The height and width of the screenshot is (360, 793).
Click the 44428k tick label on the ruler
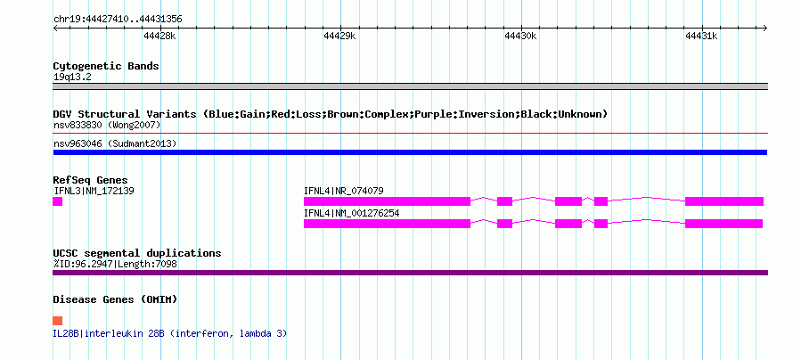(159, 37)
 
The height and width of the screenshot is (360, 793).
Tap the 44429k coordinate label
(339, 37)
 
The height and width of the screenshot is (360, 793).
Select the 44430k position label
(520, 37)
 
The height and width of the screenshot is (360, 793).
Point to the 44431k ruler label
(701, 37)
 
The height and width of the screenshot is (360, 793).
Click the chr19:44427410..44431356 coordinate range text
(118, 20)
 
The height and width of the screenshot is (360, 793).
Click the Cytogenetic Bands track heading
(106, 66)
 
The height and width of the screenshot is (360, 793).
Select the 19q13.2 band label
(72, 78)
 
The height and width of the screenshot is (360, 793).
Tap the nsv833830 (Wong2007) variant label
(107, 125)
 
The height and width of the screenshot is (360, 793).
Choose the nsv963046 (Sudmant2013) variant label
(115, 144)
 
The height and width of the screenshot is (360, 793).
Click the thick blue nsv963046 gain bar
(410, 152)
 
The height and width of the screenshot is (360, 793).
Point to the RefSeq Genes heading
(91, 181)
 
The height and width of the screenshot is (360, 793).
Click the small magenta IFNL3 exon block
(58, 201)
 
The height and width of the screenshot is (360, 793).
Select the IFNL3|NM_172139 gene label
(94, 191)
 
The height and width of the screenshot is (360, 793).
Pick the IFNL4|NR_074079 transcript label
(343, 191)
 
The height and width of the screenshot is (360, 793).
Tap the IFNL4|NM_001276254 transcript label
(351, 213)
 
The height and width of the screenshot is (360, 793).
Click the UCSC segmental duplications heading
(137, 253)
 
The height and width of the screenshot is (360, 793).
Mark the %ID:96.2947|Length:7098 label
(115, 264)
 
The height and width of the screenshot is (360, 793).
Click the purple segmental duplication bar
(410, 273)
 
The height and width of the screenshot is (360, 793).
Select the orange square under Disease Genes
(58, 321)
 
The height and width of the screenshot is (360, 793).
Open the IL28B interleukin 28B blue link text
(170, 333)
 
